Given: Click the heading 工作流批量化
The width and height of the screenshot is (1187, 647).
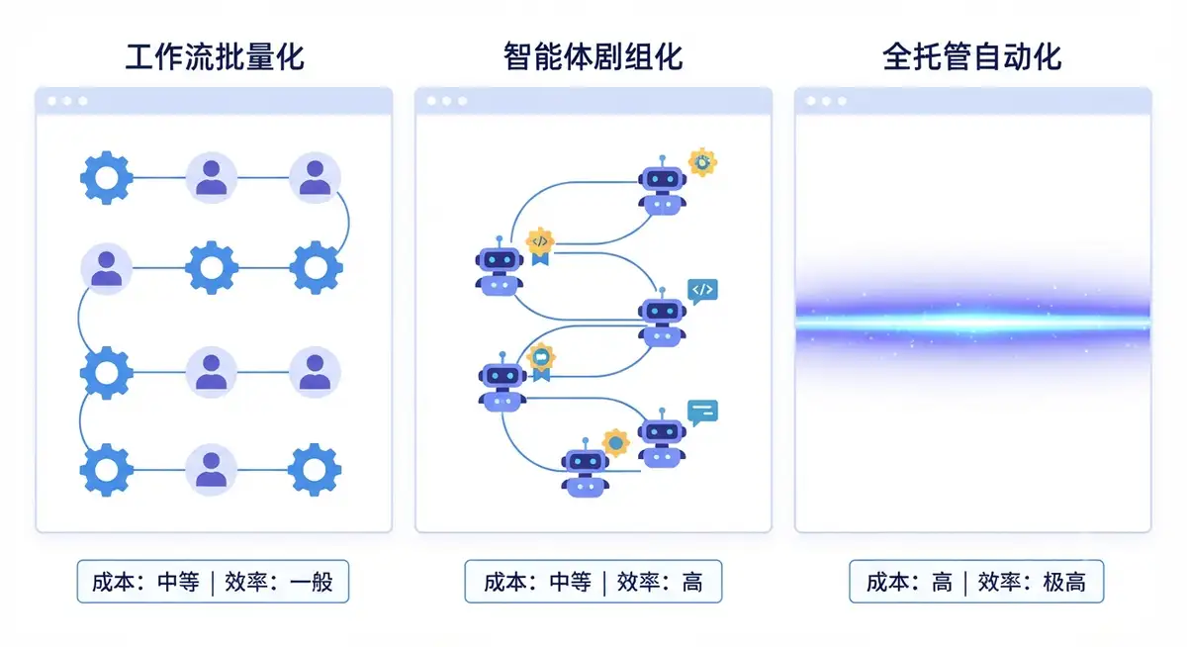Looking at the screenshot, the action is pyautogui.click(x=215, y=57).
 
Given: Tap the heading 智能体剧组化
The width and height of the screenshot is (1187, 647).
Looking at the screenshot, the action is pyautogui.click(x=593, y=57).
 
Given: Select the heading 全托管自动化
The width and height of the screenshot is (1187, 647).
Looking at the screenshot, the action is pyautogui.click(x=972, y=57).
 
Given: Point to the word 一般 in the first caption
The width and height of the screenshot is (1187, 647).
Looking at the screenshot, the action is pyautogui.click(x=312, y=582).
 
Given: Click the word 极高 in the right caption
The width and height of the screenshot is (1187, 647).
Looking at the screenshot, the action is pyautogui.click(x=1064, y=582).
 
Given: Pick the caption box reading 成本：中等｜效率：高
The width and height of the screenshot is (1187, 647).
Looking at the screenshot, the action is pyautogui.click(x=593, y=582).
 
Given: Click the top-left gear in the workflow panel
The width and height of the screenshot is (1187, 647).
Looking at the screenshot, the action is pyautogui.click(x=107, y=178).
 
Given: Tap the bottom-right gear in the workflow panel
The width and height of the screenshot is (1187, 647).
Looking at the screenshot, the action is pyautogui.click(x=315, y=470).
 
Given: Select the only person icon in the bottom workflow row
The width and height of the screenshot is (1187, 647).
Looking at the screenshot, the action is pyautogui.click(x=212, y=470).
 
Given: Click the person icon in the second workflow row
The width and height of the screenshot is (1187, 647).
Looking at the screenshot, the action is pyautogui.click(x=107, y=269).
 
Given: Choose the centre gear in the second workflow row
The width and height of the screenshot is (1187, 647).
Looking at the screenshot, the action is pyautogui.click(x=212, y=267).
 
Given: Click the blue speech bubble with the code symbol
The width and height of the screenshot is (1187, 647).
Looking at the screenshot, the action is pyautogui.click(x=702, y=291).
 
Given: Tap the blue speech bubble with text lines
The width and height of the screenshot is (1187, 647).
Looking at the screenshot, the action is pyautogui.click(x=702, y=413).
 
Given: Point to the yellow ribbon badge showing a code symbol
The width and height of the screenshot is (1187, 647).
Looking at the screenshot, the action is pyautogui.click(x=540, y=246).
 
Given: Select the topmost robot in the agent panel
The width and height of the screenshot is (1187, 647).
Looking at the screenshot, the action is pyautogui.click(x=663, y=185).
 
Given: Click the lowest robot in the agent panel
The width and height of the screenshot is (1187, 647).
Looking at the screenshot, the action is pyautogui.click(x=585, y=468).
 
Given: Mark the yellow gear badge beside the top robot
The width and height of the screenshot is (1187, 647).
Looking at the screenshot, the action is pyautogui.click(x=702, y=162).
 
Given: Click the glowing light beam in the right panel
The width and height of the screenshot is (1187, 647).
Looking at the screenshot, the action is pyautogui.click(x=973, y=323).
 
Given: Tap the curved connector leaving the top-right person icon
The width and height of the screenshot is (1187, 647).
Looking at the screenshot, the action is pyautogui.click(x=348, y=223).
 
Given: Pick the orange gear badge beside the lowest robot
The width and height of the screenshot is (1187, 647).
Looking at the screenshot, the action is pyautogui.click(x=615, y=442).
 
